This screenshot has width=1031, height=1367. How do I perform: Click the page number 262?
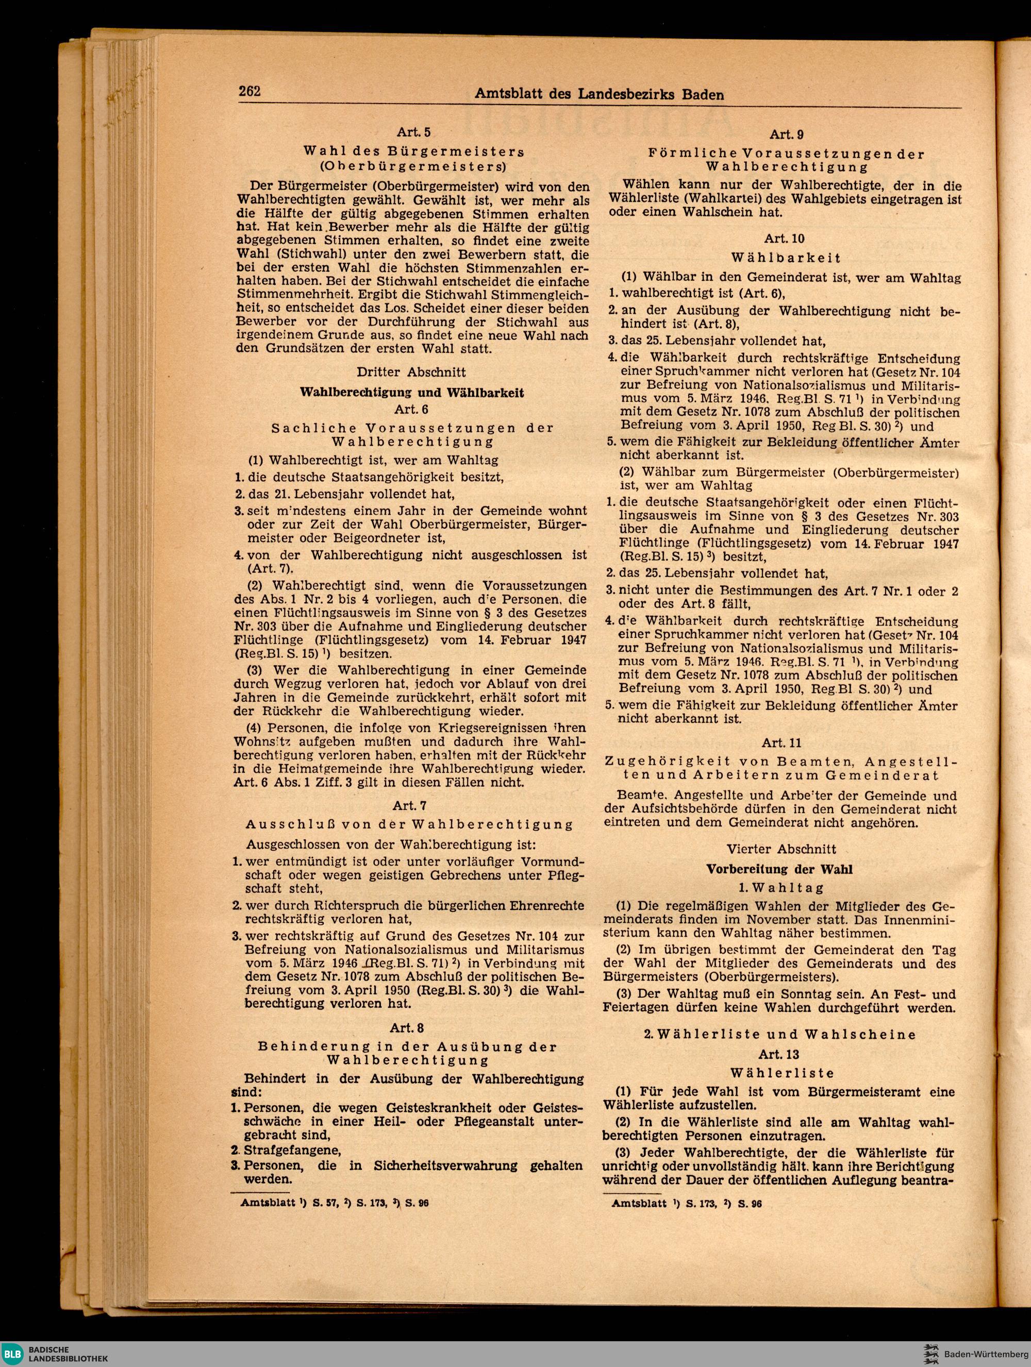click(x=251, y=92)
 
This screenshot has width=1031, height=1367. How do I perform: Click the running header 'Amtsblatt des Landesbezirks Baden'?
click(x=599, y=94)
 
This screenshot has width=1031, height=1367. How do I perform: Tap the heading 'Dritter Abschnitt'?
click(x=411, y=372)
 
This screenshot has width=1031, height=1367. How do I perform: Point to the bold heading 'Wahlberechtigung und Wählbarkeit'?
click(x=412, y=393)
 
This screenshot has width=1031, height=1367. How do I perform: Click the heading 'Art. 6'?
click(x=411, y=409)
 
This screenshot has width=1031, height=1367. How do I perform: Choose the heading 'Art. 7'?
click(x=409, y=806)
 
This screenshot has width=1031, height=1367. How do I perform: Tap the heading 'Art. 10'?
click(x=785, y=239)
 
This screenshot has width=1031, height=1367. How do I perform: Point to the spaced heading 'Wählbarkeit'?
click(x=786, y=257)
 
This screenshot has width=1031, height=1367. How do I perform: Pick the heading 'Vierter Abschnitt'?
click(x=781, y=849)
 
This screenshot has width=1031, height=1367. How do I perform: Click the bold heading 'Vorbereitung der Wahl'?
click(x=780, y=869)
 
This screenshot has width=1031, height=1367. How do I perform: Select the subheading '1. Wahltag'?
click(x=780, y=888)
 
